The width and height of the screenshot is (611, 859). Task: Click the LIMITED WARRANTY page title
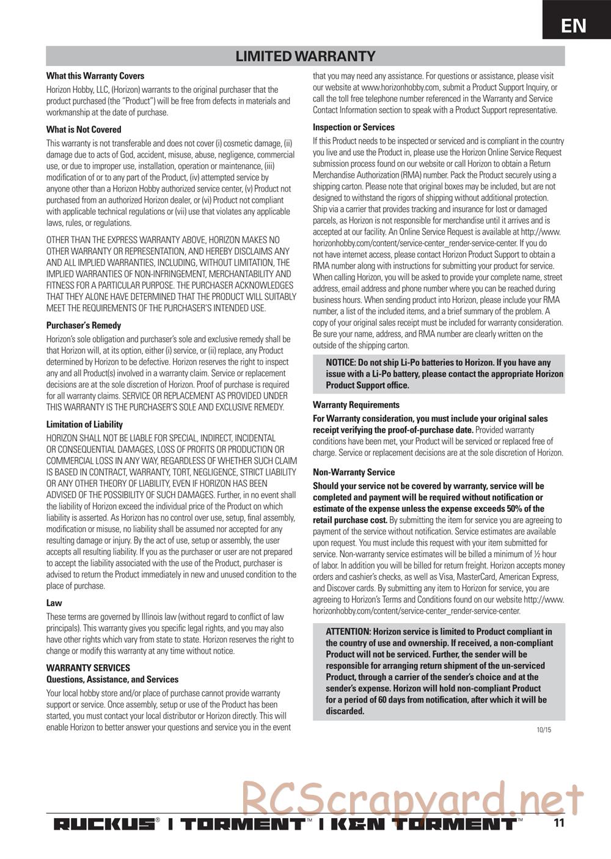click(x=305, y=56)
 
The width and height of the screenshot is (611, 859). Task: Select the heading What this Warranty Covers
click(x=95, y=76)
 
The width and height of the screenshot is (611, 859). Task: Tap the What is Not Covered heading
click(x=84, y=130)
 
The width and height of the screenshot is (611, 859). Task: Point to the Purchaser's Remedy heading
click(x=84, y=326)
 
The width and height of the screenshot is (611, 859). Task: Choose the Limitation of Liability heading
click(x=84, y=425)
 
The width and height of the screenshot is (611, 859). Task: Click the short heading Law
click(x=54, y=603)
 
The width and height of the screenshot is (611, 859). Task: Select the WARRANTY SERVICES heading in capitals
click(x=88, y=668)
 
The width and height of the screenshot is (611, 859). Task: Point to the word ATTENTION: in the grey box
click(x=348, y=632)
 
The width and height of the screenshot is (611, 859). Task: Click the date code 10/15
click(x=544, y=729)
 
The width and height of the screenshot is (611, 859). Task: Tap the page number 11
click(x=558, y=823)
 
